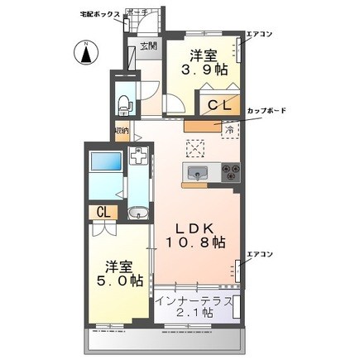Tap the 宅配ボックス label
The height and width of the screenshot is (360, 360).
99,14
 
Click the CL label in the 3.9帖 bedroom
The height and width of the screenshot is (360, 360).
218,105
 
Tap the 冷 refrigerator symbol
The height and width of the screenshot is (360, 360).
228,129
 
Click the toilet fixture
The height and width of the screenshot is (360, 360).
123,104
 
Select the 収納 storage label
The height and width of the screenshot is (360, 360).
122,132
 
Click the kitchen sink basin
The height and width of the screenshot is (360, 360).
199,173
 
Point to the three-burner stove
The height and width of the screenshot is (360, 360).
229,173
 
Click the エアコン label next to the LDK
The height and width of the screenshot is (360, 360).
260,254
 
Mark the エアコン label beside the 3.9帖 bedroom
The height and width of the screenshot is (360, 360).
261,34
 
